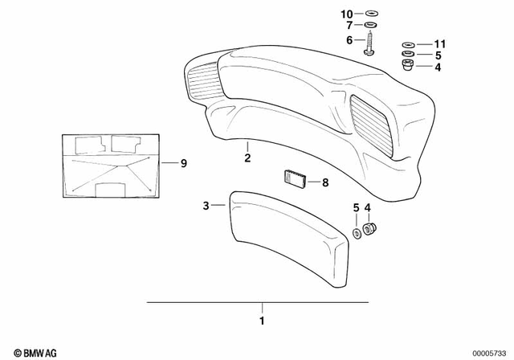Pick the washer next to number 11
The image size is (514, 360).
[x=407, y=43]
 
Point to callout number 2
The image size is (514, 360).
[x=247, y=158]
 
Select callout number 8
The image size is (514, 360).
[x=325, y=183]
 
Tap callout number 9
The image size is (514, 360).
[x=183, y=163]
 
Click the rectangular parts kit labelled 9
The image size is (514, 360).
[x=108, y=166]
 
